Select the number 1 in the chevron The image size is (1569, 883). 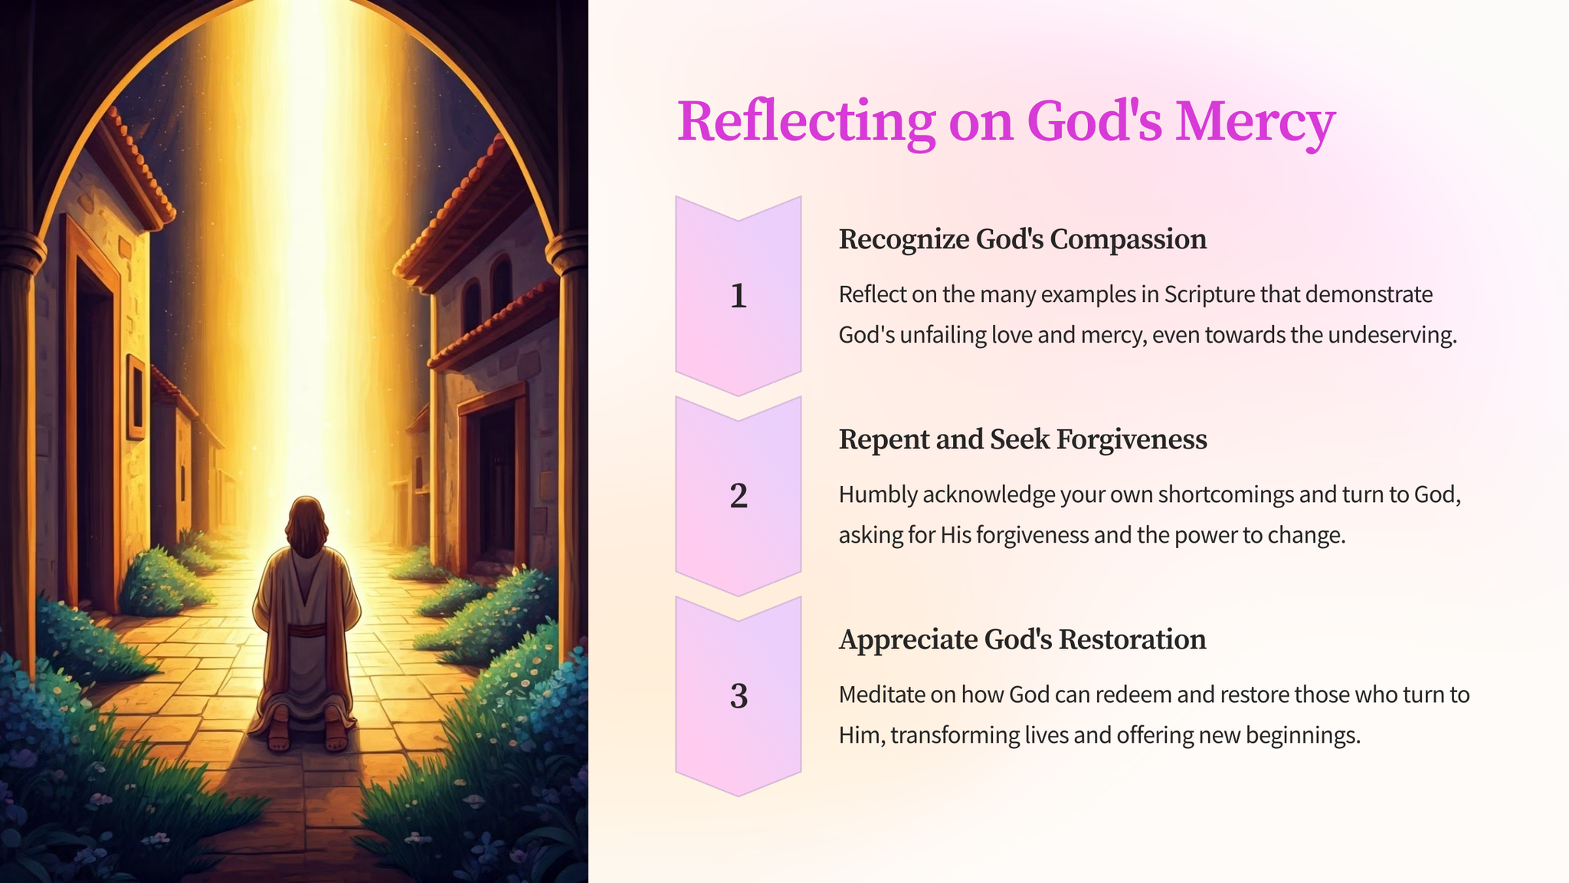(x=739, y=296)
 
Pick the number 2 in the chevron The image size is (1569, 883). (x=739, y=496)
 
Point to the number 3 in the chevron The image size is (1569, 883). (x=739, y=696)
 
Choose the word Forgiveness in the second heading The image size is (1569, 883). (x=1131, y=439)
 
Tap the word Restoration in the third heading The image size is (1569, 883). (x=1131, y=639)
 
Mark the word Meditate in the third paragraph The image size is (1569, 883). (x=882, y=694)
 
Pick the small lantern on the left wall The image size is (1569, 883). (x=136, y=397)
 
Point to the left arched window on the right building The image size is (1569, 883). (x=472, y=304)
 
